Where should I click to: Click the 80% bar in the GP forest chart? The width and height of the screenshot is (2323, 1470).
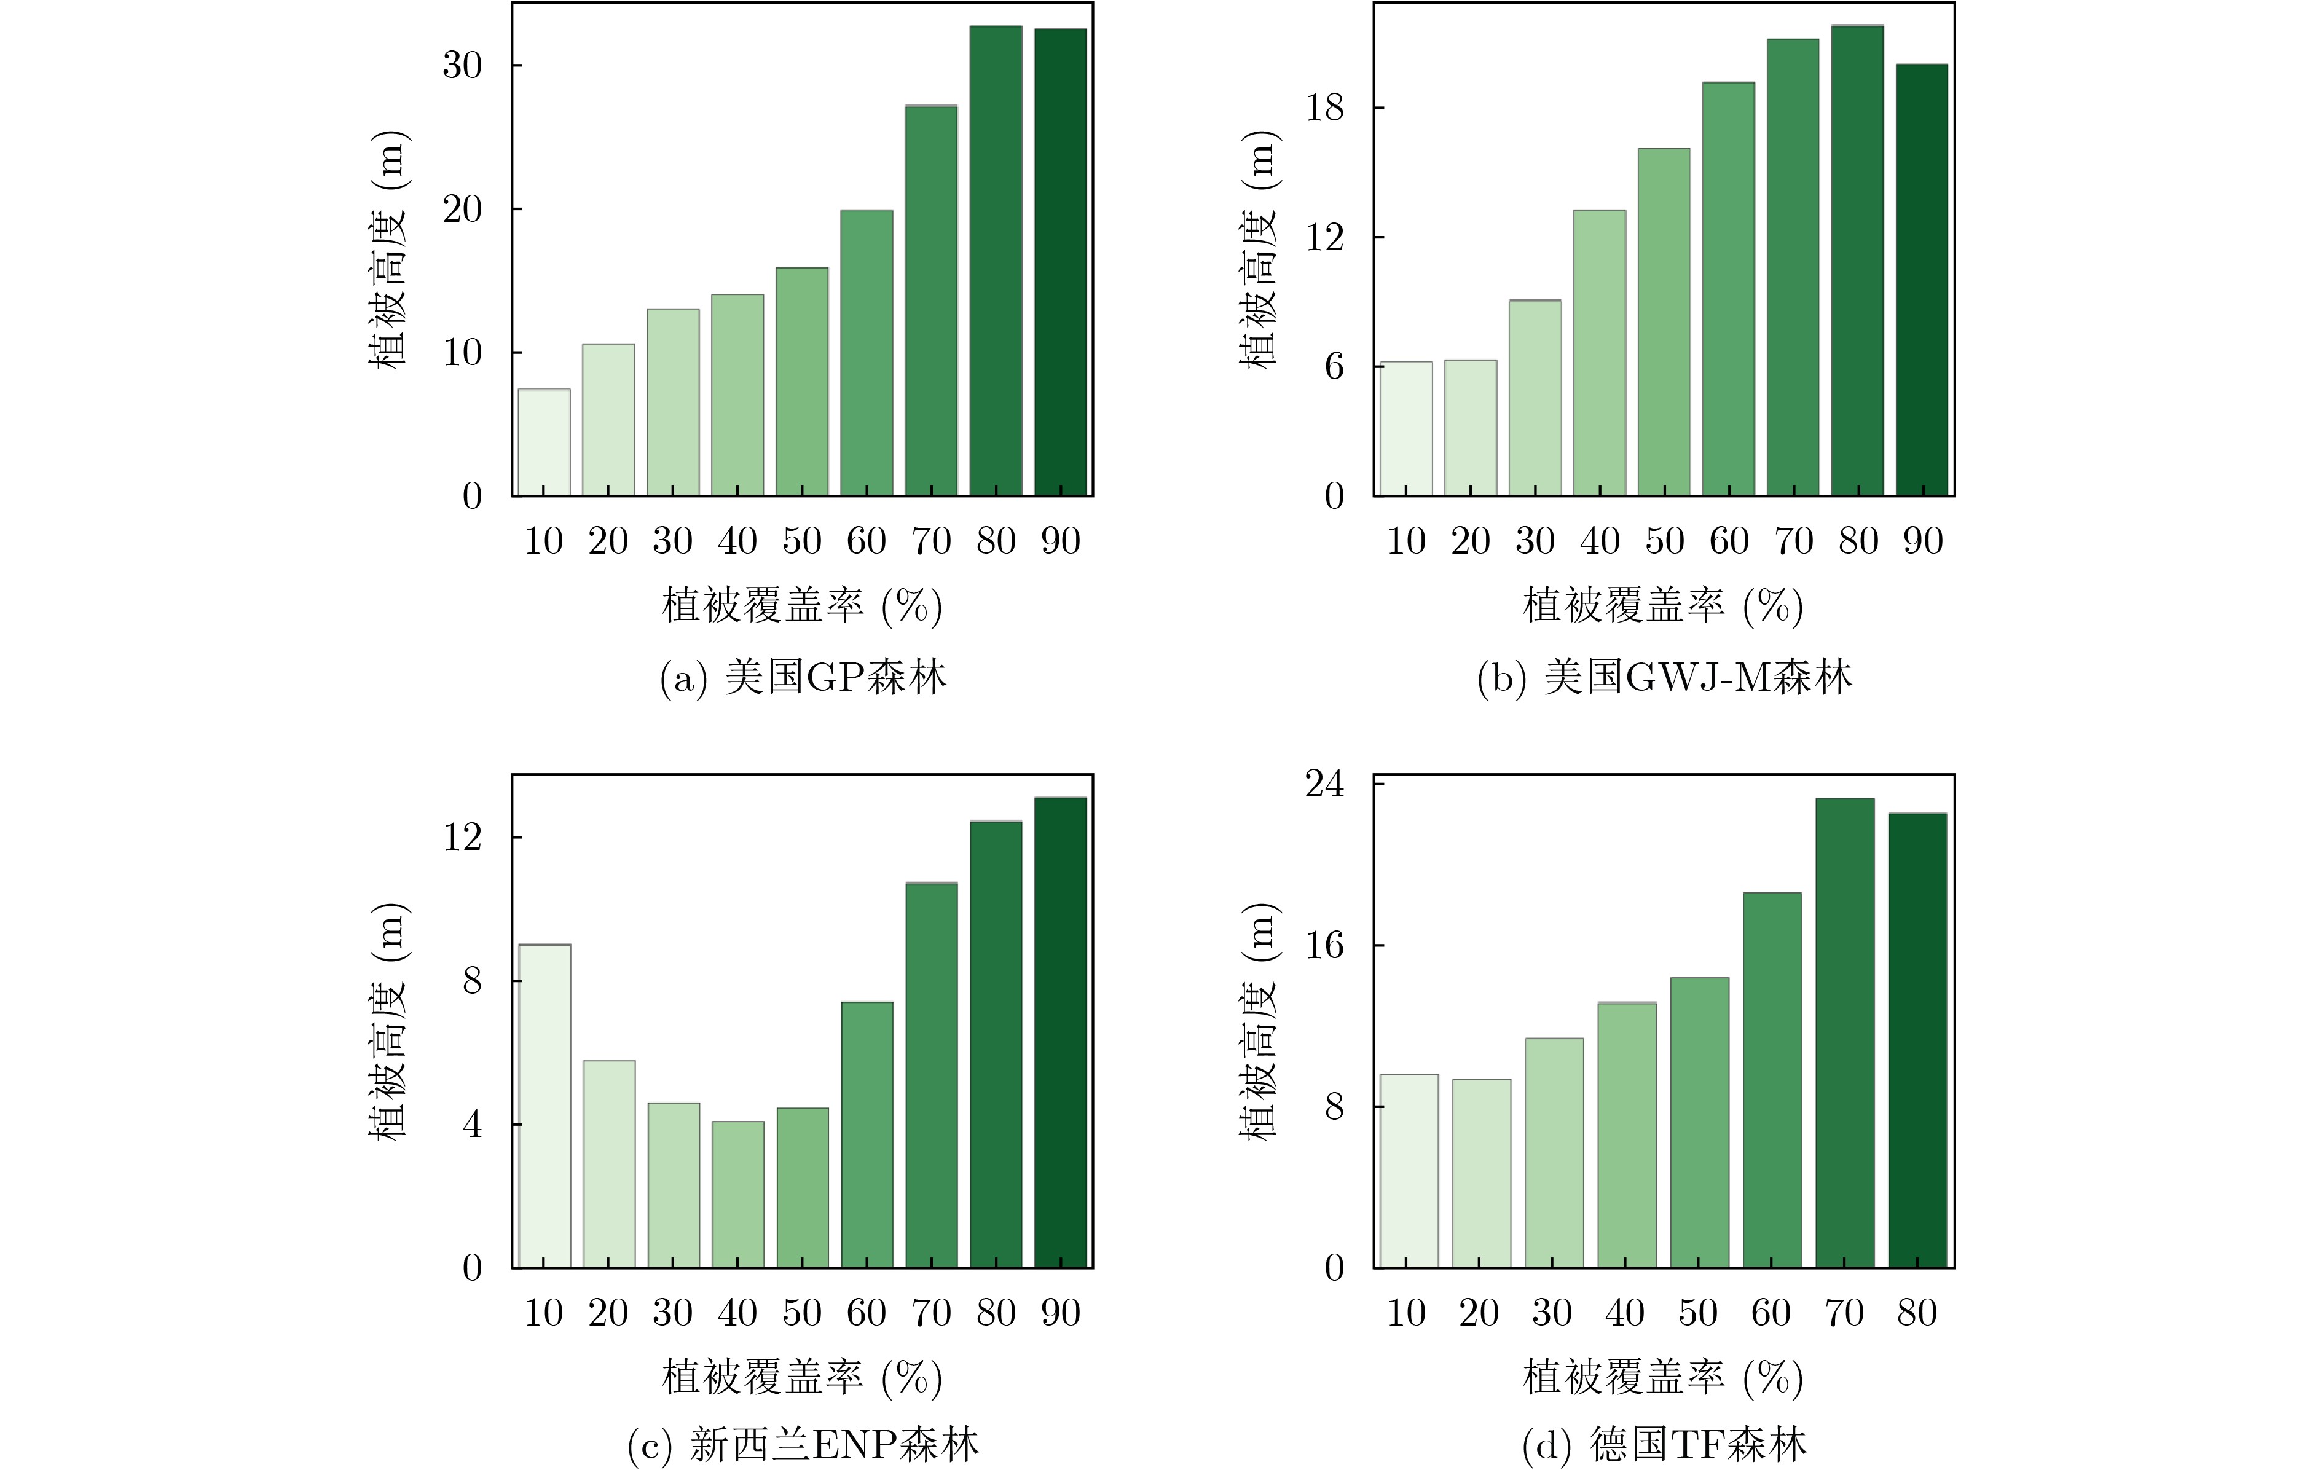pyautogui.click(x=996, y=261)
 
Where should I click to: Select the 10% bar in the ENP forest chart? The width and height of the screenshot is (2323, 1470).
pyautogui.click(x=544, y=1106)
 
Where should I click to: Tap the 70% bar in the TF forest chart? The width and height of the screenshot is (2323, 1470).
pyautogui.click(x=1844, y=1032)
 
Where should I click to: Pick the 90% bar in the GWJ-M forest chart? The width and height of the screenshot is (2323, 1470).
pyautogui.click(x=1922, y=280)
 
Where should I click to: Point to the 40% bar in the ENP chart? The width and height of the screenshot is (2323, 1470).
pyautogui.click(x=738, y=1194)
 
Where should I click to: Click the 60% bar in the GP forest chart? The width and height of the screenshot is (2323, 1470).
pyautogui.click(x=867, y=353)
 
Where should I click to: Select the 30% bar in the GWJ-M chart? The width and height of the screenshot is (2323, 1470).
pyautogui.click(x=1535, y=398)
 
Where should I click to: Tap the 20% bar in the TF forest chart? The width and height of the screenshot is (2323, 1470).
pyautogui.click(x=1481, y=1173)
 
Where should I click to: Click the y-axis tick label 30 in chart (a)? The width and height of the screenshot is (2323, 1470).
pyautogui.click(x=462, y=66)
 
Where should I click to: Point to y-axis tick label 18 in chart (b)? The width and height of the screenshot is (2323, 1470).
pyautogui.click(x=1324, y=108)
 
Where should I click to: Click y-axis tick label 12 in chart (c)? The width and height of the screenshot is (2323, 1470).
pyautogui.click(x=462, y=837)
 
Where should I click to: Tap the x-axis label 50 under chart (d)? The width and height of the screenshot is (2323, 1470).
pyautogui.click(x=1698, y=1313)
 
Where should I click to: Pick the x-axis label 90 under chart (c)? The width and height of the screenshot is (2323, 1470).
pyautogui.click(x=1060, y=1313)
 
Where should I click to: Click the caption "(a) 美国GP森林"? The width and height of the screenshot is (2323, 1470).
pyautogui.click(x=803, y=677)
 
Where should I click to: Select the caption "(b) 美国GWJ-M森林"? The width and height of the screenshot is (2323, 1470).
pyautogui.click(x=1664, y=677)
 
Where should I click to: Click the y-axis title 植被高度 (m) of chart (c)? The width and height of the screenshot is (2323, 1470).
pyautogui.click(x=389, y=1021)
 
